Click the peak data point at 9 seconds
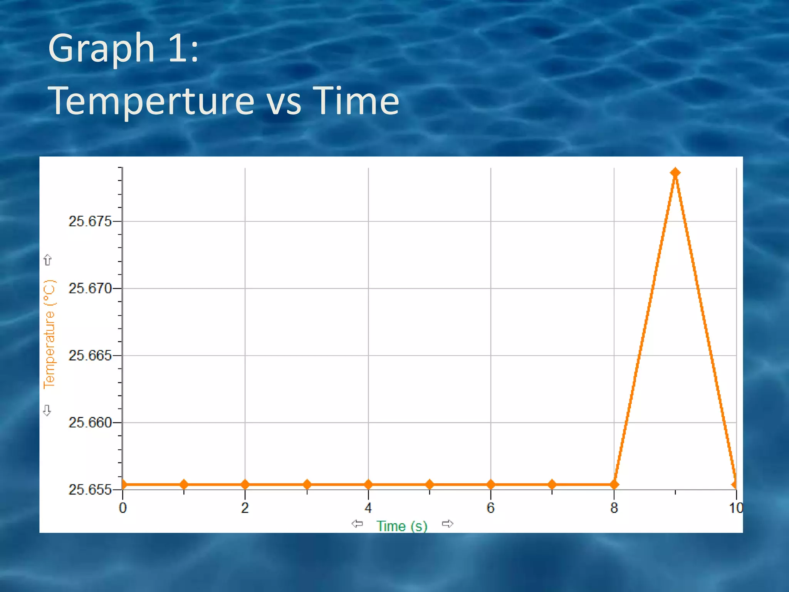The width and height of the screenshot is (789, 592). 675,173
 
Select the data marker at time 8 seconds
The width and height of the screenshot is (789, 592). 614,484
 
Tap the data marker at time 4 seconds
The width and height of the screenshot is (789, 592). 368,484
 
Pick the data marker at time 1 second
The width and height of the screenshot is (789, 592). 184,484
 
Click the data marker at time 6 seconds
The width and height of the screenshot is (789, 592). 490,484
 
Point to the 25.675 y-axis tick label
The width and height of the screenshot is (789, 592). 89,222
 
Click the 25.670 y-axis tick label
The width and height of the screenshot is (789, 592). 89,288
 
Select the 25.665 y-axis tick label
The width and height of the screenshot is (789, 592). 89,355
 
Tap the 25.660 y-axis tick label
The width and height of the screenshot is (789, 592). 89,423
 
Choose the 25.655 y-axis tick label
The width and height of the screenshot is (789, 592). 89,490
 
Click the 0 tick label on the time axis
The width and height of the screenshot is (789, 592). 123,508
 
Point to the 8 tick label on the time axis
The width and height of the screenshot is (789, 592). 614,508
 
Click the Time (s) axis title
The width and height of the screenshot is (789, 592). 402,526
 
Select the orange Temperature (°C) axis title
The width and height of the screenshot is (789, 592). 49,334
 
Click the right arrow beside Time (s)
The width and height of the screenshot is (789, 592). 447,524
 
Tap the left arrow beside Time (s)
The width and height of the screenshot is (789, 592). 357,524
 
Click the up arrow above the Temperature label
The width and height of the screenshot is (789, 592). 47,260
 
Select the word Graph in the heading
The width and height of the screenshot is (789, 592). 101,48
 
